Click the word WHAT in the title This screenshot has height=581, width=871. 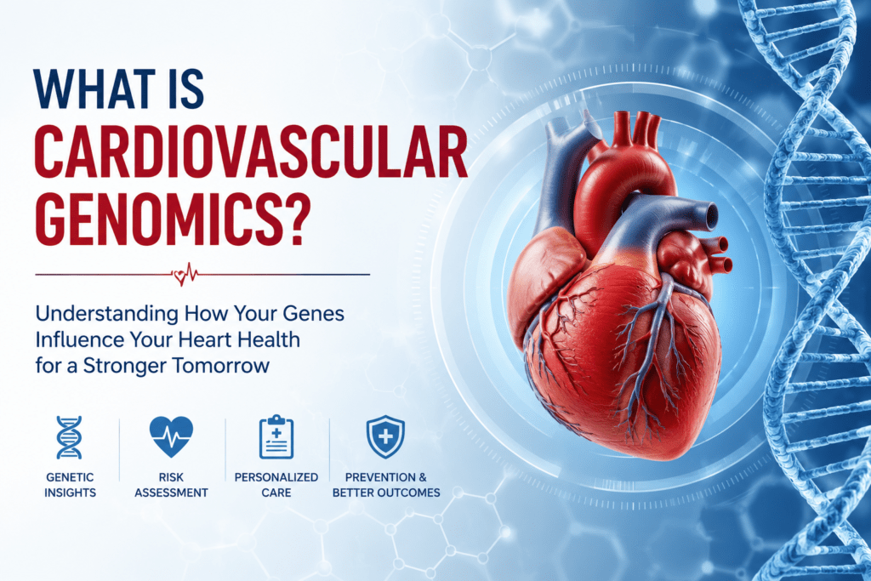click(x=94, y=88)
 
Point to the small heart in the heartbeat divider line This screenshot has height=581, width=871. click(x=179, y=276)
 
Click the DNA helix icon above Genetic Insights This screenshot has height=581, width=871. click(x=70, y=438)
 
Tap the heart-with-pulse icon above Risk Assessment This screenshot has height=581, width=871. click(x=171, y=436)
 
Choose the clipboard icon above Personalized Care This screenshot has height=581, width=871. click(x=276, y=437)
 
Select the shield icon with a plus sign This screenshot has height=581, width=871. click(x=385, y=437)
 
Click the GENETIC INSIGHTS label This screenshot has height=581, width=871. click(x=70, y=485)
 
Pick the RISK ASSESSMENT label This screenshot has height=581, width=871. click(x=171, y=485)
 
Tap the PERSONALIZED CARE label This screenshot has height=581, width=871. click(x=276, y=485)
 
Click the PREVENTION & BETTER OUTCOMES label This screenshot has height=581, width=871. click(x=386, y=485)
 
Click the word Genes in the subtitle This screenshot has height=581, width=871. click(x=313, y=313)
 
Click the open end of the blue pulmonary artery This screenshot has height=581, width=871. click(x=710, y=215)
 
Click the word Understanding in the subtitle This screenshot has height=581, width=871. click(x=106, y=315)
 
